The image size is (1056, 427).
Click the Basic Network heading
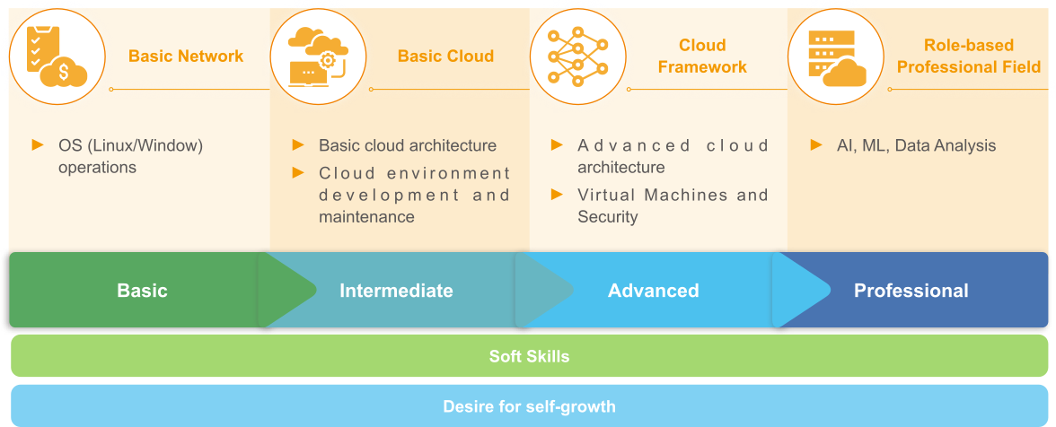pos(186,57)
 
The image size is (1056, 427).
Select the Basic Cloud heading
pos(445,57)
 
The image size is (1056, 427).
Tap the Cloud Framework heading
pos(702,57)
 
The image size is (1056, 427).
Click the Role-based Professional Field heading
pos(969,57)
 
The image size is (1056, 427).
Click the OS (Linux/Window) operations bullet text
pos(131,156)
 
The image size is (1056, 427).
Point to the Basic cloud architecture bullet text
pos(408,145)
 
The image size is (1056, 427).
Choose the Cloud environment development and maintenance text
pos(414,195)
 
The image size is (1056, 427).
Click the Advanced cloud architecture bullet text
pos(673,156)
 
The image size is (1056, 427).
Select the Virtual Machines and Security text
pos(673,205)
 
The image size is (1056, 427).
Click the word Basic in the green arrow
pos(142,291)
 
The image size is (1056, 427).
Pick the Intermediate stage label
pos(396,291)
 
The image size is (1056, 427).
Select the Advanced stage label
pos(653,291)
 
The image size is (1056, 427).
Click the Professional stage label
pos(911,291)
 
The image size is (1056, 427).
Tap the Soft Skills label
pos(529,356)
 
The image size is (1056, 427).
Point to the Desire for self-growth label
pos(529,406)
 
